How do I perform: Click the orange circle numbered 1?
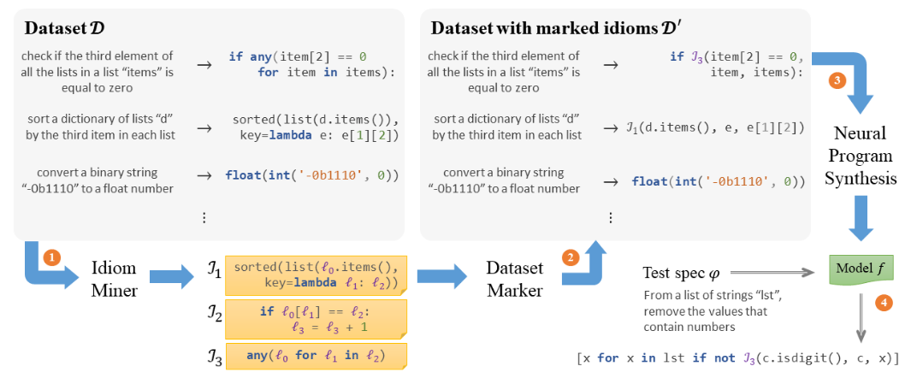pos(52,256)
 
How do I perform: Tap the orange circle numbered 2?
pos(571,256)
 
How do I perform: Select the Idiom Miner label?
pos(114,279)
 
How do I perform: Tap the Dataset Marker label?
pos(515,279)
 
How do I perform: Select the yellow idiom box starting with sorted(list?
pos(316,275)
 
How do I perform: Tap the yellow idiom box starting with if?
pos(316,318)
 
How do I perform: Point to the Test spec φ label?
pos(682,274)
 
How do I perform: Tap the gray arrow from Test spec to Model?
pos(778,274)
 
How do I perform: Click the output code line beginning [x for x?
pos(737,358)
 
